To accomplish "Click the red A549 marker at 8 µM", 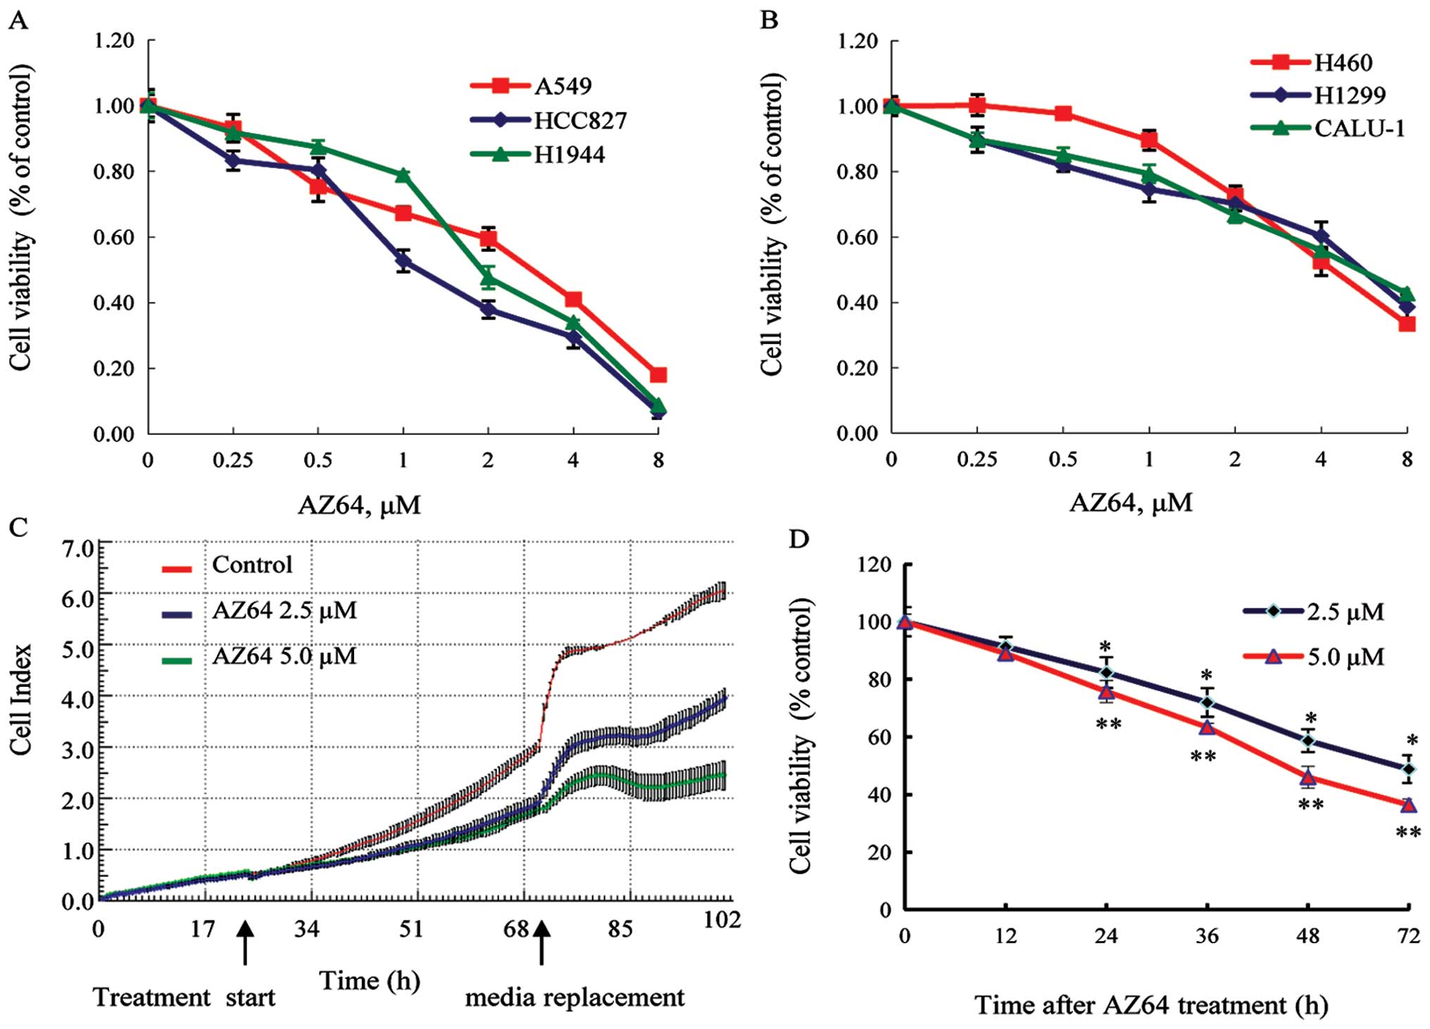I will coord(658,374).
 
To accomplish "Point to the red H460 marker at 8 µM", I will coord(1407,324).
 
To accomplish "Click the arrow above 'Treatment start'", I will coord(245,943).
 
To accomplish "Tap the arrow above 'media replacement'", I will coord(541,943).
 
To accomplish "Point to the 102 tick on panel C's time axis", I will coord(722,920).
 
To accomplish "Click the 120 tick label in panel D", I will coord(875,565).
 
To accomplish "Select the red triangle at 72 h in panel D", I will coord(1408,804).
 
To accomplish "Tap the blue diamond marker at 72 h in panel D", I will coord(1407,769).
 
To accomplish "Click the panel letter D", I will coord(798,539).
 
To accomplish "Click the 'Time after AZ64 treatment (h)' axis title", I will coord(1151,1005).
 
